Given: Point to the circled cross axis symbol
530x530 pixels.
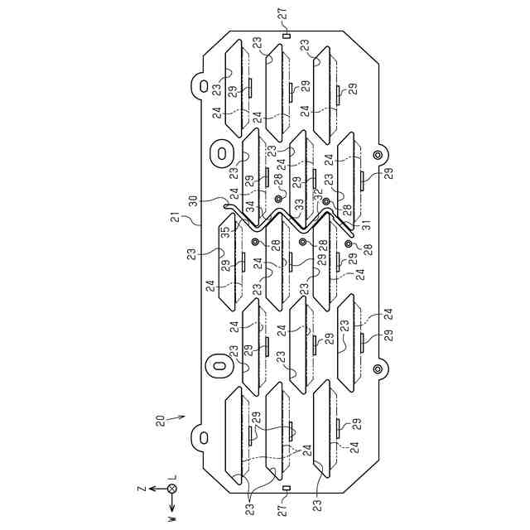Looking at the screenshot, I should [x=172, y=489].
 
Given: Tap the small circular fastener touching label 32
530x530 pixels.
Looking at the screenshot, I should [x=326, y=201].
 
